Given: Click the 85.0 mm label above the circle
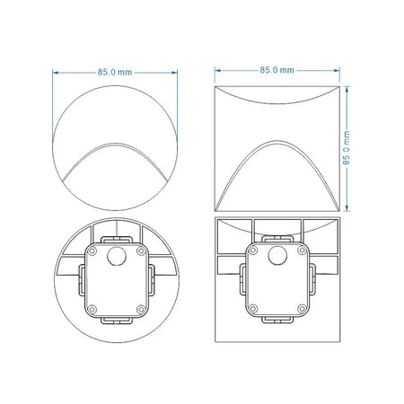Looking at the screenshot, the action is click(x=115, y=73).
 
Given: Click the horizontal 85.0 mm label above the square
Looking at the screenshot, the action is click(x=277, y=70).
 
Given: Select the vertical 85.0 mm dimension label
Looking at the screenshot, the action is click(x=347, y=147).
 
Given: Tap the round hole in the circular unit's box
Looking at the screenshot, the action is click(x=117, y=257).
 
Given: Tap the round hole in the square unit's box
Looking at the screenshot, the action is click(x=277, y=256).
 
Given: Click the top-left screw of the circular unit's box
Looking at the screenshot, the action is click(x=92, y=251).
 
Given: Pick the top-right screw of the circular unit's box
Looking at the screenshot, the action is click(x=141, y=251).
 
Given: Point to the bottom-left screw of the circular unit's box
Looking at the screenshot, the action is click(x=92, y=309).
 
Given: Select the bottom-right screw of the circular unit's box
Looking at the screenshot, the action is click(x=141, y=309).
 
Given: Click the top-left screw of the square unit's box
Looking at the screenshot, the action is click(x=253, y=250).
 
